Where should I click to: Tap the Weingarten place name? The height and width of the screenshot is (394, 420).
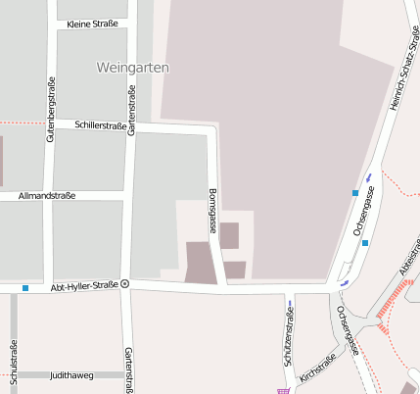point(134,68)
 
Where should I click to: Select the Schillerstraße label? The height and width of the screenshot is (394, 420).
point(102,125)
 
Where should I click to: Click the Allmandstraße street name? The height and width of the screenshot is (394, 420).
point(47,196)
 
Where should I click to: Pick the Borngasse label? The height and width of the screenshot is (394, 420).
point(212,210)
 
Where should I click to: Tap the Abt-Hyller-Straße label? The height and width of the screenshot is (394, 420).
point(84,284)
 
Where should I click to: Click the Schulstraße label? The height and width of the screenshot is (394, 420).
point(14,361)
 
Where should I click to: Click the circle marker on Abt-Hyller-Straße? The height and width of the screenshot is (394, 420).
point(125,284)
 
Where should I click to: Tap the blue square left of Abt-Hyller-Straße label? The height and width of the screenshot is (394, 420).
point(25,287)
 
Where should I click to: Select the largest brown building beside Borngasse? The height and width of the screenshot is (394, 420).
point(201,264)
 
